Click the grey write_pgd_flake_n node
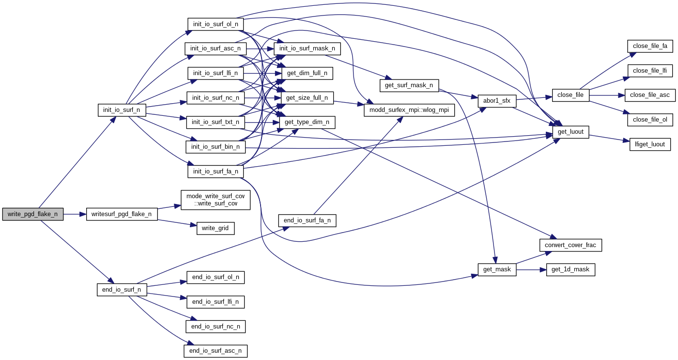coord(32,214)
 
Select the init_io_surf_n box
coord(122,110)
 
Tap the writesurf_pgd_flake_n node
coord(122,214)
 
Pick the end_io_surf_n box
coord(122,290)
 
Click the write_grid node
coord(216,228)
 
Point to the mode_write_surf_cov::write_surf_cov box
coord(216,200)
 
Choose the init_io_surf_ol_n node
coord(216,24)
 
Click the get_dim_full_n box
coord(307,74)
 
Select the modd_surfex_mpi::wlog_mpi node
coord(409,110)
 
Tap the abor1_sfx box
coord(497,101)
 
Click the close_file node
coord(570,95)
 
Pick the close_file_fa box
coord(650,47)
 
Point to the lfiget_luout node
coord(650,144)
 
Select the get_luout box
coord(570,132)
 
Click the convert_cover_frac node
coord(570,245)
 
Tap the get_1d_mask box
coord(570,269)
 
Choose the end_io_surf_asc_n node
coord(216,351)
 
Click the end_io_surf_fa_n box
coord(307,220)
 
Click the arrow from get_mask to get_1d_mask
coord(531,269)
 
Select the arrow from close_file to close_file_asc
coord(607,95)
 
